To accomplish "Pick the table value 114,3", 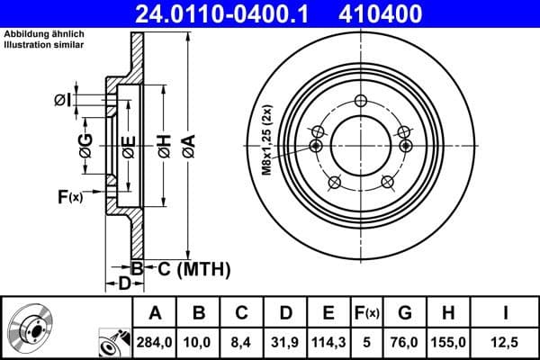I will [328, 342].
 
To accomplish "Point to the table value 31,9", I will [285, 342].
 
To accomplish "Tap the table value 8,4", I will [242, 342].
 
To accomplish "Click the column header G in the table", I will [405, 313].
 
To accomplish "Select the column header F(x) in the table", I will [366, 313].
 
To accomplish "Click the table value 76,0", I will [405, 342].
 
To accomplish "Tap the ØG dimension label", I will [85, 146].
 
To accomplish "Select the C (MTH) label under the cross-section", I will [188, 268].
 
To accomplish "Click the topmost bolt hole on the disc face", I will [363, 101].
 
